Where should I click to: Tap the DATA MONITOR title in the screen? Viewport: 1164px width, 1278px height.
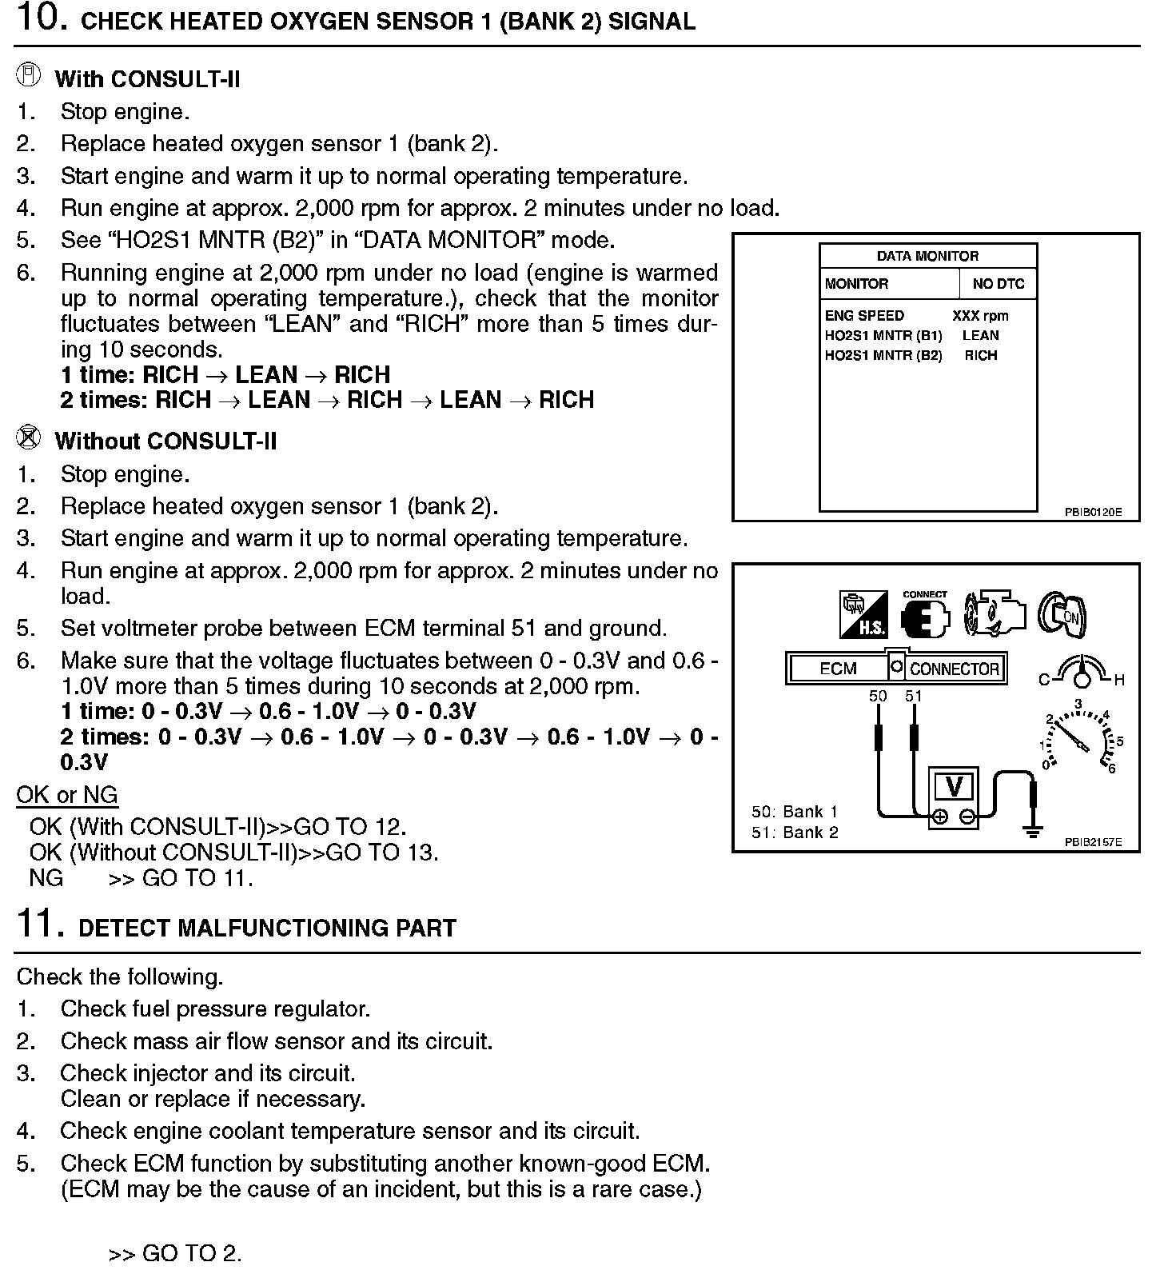(927, 256)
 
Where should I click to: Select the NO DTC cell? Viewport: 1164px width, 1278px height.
(998, 284)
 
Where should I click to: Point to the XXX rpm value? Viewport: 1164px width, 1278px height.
(980, 316)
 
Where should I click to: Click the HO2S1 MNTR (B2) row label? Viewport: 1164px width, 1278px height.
(883, 356)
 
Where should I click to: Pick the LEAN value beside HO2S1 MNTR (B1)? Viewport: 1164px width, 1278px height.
(980, 336)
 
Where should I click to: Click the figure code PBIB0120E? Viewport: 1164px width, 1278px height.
(1092, 512)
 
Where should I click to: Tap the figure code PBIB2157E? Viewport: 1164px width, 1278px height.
(1092, 842)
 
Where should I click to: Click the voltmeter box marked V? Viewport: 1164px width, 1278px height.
(954, 787)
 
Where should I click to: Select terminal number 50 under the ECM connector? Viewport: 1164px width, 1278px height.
(878, 697)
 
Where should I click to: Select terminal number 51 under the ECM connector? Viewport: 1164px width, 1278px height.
(914, 697)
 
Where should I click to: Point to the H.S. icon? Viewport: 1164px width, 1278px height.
(863, 615)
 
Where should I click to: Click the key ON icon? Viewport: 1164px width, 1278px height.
(1062, 615)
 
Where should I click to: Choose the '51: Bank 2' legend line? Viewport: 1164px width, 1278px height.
(795, 833)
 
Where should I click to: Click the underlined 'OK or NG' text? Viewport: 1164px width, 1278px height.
(67, 795)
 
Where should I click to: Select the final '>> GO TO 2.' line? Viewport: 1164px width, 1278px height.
(175, 1253)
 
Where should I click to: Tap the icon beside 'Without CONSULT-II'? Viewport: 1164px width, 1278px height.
(29, 438)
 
